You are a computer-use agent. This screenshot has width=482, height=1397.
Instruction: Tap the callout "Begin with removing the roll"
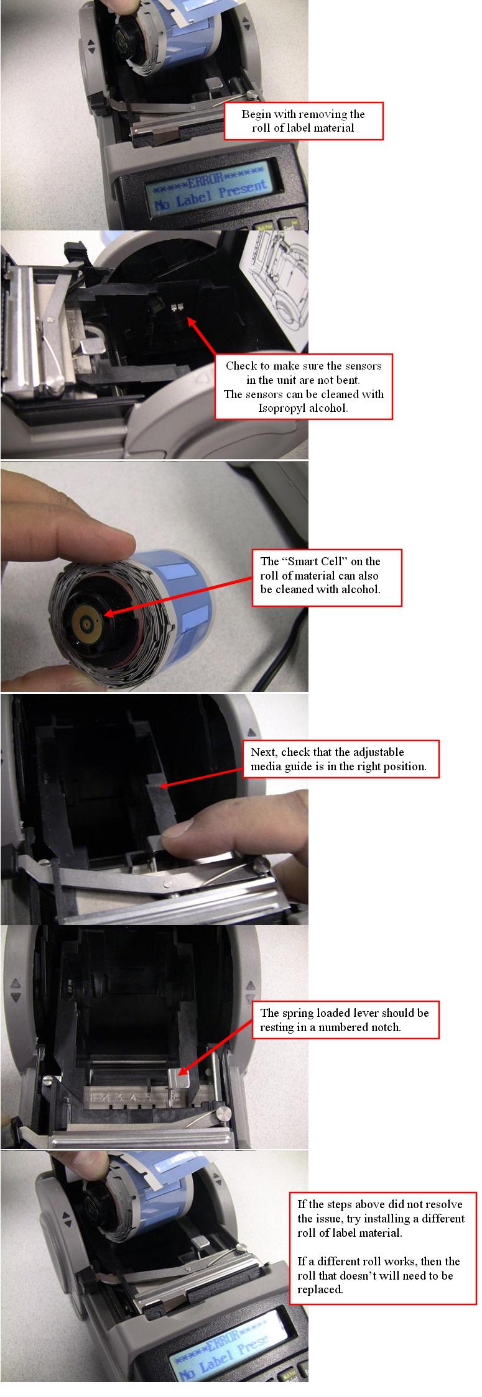[304, 121]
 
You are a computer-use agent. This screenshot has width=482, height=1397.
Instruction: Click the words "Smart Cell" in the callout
[317, 561]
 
